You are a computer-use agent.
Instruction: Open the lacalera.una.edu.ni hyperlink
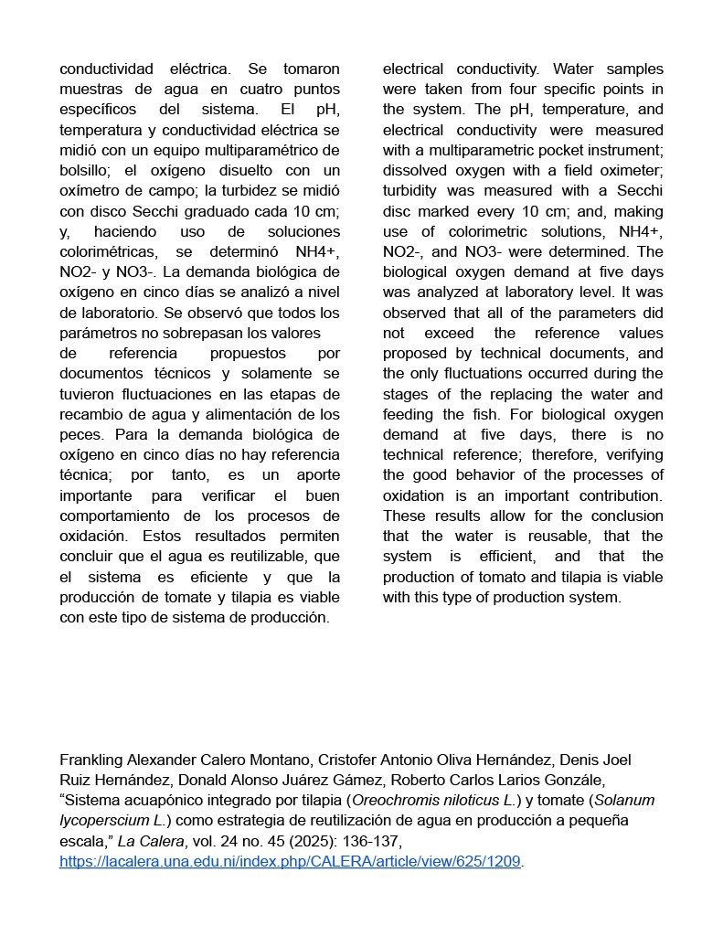[290, 861]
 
